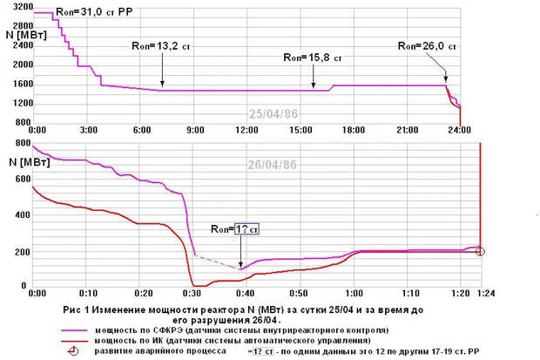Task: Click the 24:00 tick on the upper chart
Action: (459, 130)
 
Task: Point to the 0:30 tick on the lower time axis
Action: (196, 294)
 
